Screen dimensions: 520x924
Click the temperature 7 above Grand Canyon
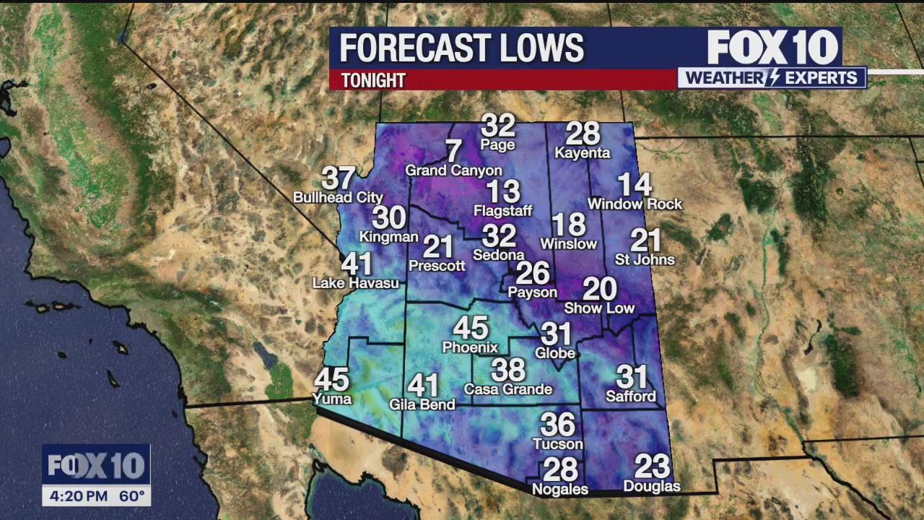[453, 152]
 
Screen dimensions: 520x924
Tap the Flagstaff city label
[502, 211]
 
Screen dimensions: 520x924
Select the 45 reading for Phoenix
[470, 328]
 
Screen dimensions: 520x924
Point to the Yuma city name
[332, 399]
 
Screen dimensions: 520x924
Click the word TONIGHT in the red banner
[373, 80]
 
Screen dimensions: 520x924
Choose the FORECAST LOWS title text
[461, 48]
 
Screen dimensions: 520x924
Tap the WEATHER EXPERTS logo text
[772, 78]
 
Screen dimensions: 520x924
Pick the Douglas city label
[652, 486]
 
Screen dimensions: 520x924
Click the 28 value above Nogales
[560, 469]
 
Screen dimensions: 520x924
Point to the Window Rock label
[635, 204]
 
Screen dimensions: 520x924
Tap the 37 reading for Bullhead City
[338, 178]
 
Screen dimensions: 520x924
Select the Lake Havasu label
[355, 283]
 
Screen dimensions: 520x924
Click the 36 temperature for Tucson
[557, 425]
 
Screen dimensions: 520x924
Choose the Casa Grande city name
[508, 389]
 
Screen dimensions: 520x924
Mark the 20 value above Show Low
[599, 290]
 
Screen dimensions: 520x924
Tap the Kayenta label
[583, 153]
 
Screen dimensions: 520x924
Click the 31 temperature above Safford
[631, 377]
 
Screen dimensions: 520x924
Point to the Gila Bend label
[422, 404]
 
